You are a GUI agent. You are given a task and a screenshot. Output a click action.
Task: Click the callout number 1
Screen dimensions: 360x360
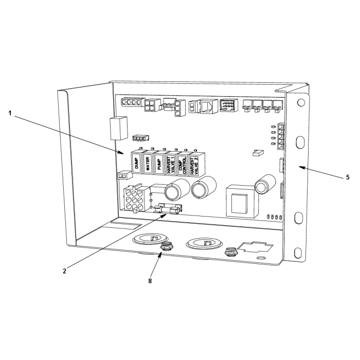[10, 113]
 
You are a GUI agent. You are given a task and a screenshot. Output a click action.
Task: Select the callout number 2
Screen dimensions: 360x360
[64, 271]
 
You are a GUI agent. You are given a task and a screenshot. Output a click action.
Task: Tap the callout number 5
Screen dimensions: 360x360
[348, 177]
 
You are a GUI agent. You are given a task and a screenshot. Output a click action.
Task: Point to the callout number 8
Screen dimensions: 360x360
[150, 281]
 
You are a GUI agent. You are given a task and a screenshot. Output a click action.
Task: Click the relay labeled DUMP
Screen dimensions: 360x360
[136, 162]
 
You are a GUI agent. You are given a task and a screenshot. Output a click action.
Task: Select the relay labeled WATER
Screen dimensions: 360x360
[148, 163]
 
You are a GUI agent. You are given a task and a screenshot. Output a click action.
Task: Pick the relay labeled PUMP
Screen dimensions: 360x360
[159, 163]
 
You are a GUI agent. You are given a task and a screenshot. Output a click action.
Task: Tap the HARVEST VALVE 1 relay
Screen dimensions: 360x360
[171, 164]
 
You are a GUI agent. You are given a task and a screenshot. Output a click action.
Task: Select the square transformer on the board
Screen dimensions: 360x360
[241, 201]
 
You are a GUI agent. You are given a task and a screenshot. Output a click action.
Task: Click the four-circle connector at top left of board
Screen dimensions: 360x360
[133, 102]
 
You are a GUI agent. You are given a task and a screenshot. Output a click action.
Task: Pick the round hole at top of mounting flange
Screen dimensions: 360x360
[301, 102]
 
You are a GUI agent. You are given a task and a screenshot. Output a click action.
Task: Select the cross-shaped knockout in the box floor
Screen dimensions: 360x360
[256, 247]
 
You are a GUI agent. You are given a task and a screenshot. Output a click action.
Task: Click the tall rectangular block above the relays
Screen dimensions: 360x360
[119, 128]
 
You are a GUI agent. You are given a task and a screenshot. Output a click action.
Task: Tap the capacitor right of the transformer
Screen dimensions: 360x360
[265, 184]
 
